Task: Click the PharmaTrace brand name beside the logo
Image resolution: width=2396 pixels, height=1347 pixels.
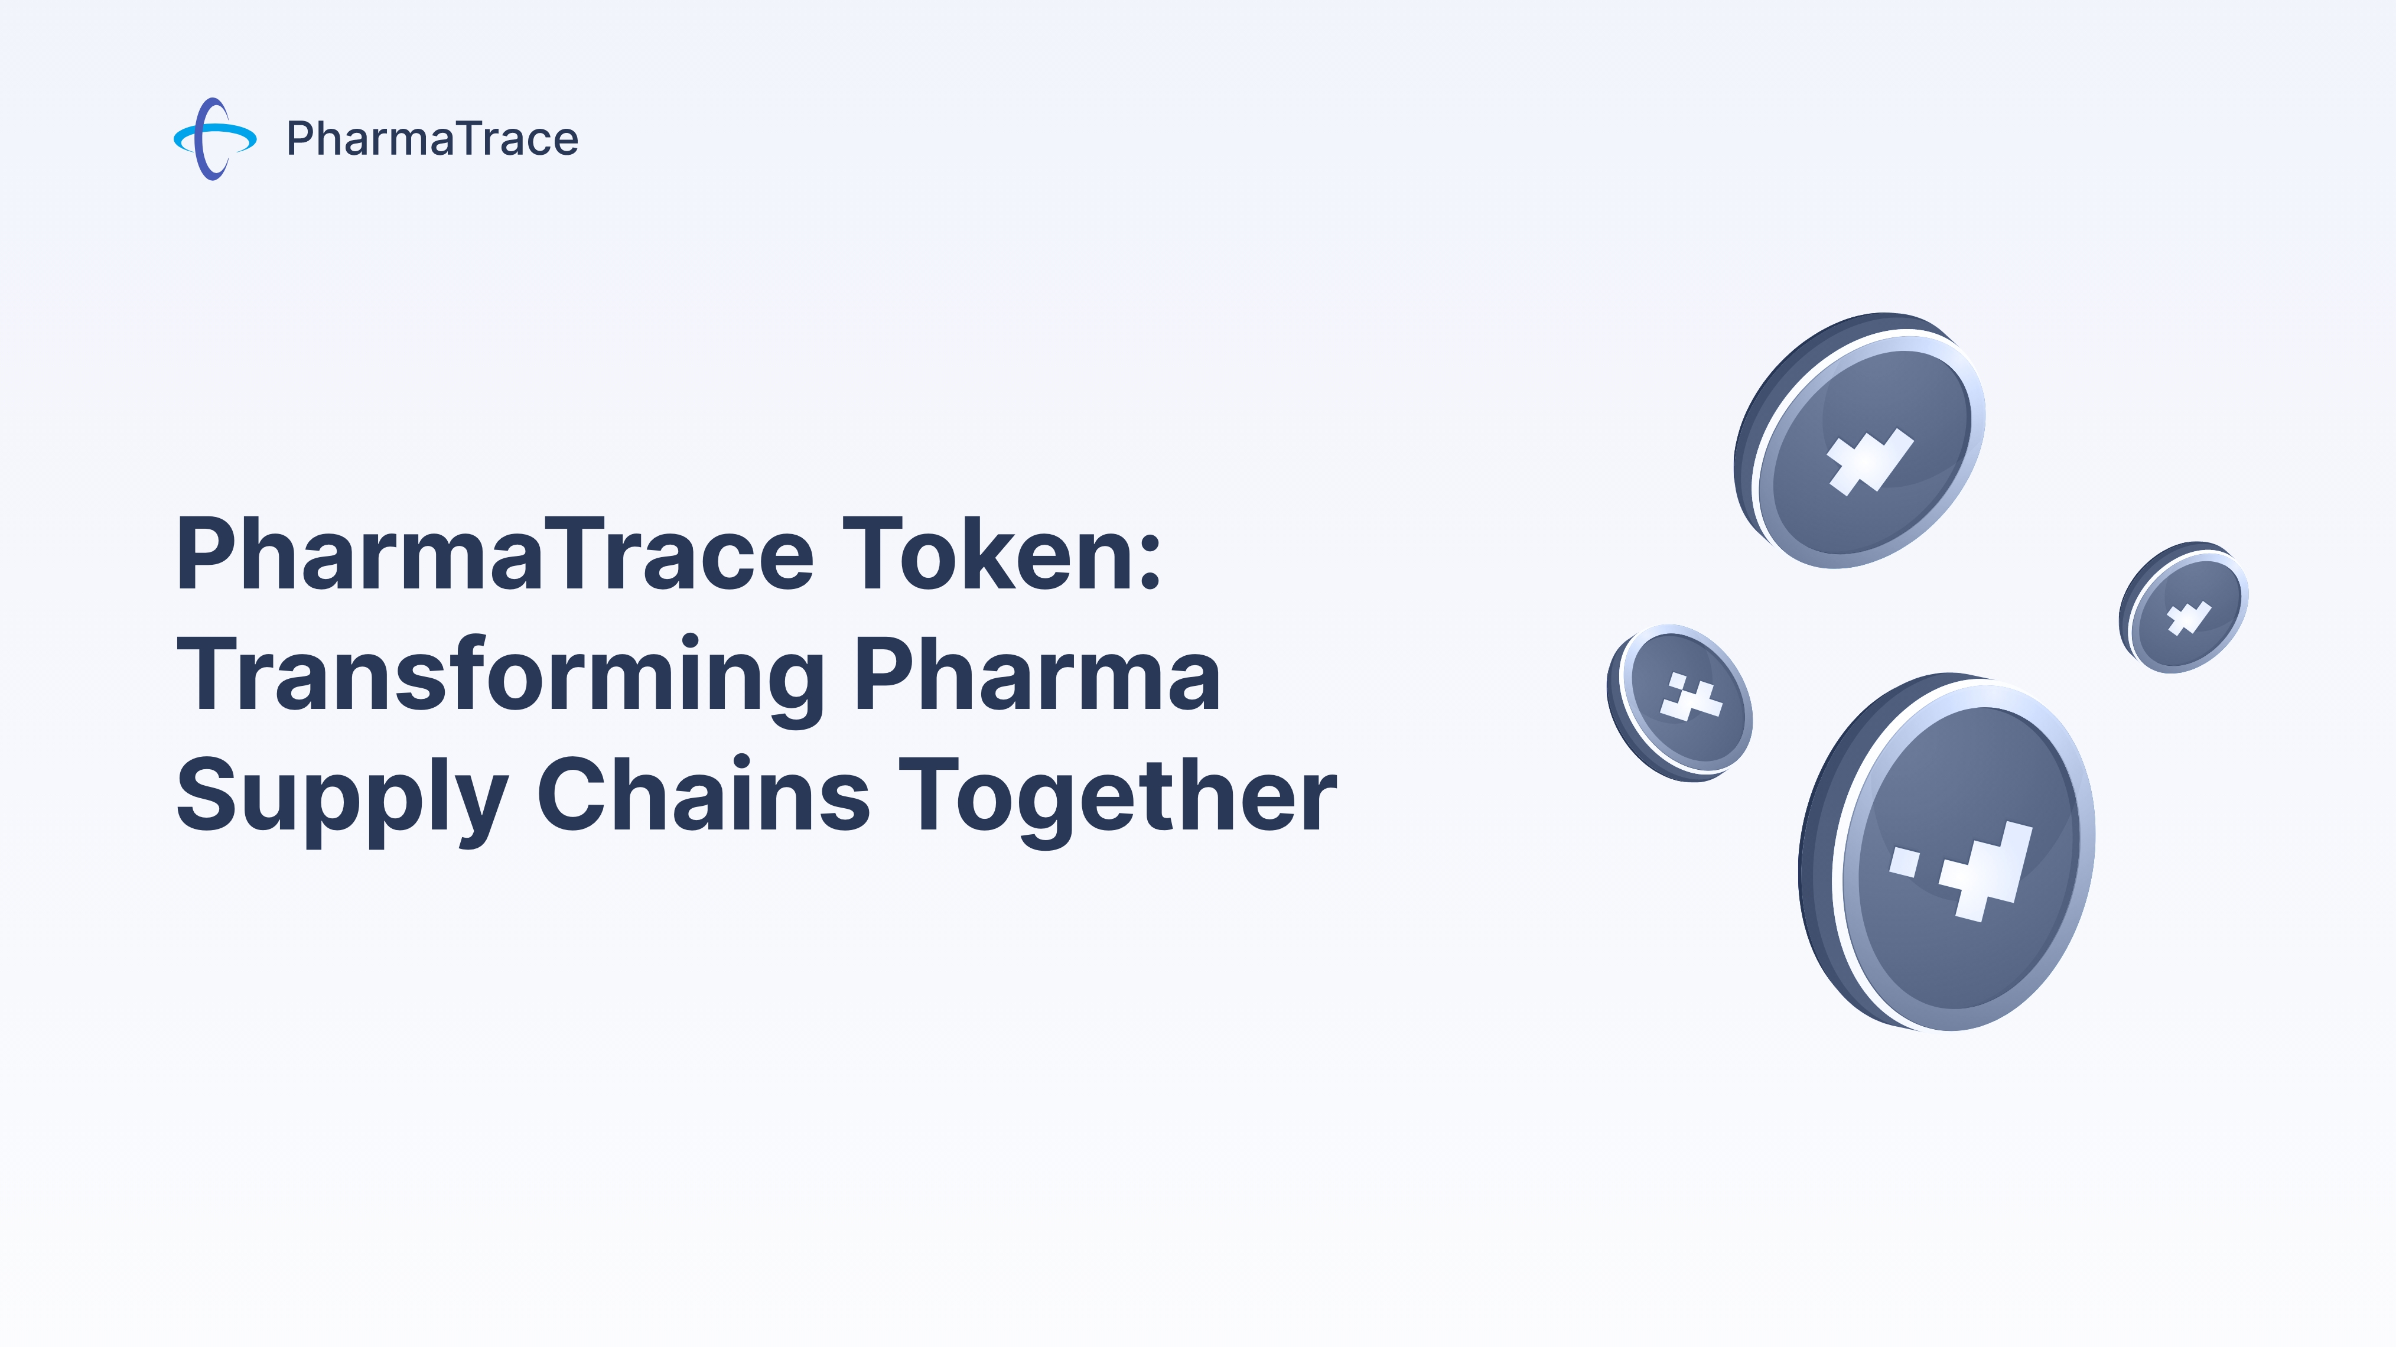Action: click(x=432, y=139)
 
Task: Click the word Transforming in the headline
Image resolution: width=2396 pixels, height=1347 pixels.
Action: click(x=500, y=677)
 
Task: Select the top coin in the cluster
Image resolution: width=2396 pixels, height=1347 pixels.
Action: click(x=1865, y=442)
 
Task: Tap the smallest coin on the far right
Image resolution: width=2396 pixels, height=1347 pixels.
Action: click(x=2186, y=609)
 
